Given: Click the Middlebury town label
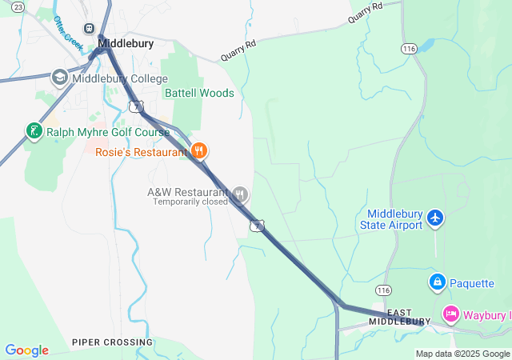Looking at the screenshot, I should pos(126,44).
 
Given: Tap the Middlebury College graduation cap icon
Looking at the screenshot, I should pos(60,78).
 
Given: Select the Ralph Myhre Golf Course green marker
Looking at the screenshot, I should pos(33,131).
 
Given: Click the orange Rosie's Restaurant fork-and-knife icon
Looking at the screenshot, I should pos(199,150).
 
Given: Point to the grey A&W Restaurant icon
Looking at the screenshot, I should pos(239,194).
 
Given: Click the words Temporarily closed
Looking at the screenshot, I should pos(190,202).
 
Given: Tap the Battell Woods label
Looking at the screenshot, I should pos(199,93).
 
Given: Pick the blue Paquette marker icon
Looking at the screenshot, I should pos(437,282).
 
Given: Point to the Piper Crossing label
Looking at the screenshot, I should pos(112,342).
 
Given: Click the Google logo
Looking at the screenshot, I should pos(26,350).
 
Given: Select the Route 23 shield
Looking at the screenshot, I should pos(6,7).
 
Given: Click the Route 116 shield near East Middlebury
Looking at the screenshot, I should pos(384,288).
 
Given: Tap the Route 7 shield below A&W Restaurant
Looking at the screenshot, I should pos(256,226).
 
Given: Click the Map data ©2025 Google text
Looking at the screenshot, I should pos(462,354).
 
